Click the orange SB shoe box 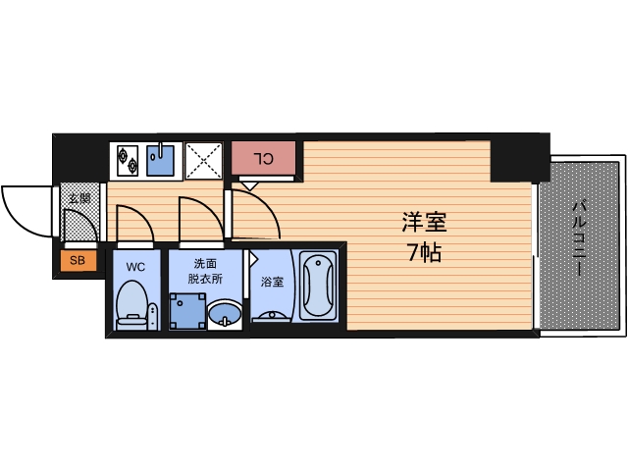click(77, 260)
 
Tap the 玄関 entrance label click(78, 198)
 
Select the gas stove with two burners click(127, 158)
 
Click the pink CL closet click(263, 158)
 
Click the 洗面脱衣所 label click(204, 270)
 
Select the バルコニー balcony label click(580, 238)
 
